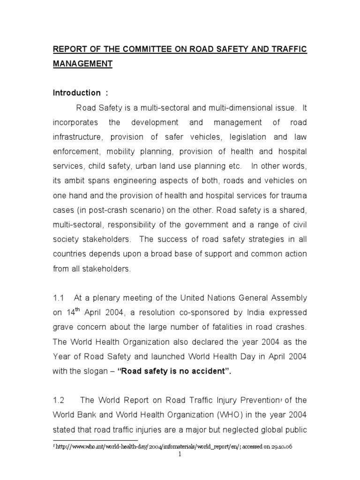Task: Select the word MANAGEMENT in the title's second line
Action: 82,64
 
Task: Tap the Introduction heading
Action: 76,93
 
